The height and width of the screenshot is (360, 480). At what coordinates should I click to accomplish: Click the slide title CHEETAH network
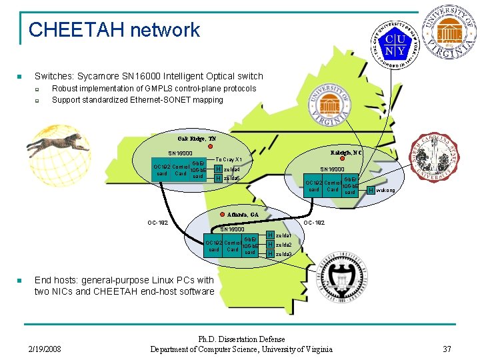coord(114,30)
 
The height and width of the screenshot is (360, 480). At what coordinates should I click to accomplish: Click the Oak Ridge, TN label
coord(197,138)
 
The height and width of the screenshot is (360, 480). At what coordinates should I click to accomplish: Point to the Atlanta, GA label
coord(243,215)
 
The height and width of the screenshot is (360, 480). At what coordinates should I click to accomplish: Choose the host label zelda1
coord(283,236)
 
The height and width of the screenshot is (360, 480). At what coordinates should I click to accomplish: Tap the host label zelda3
coord(283,254)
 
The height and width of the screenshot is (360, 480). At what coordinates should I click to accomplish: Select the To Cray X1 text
coord(228,160)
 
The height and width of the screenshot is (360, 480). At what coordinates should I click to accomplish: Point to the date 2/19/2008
coord(45,349)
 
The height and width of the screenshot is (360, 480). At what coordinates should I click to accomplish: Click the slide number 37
coord(447,349)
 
